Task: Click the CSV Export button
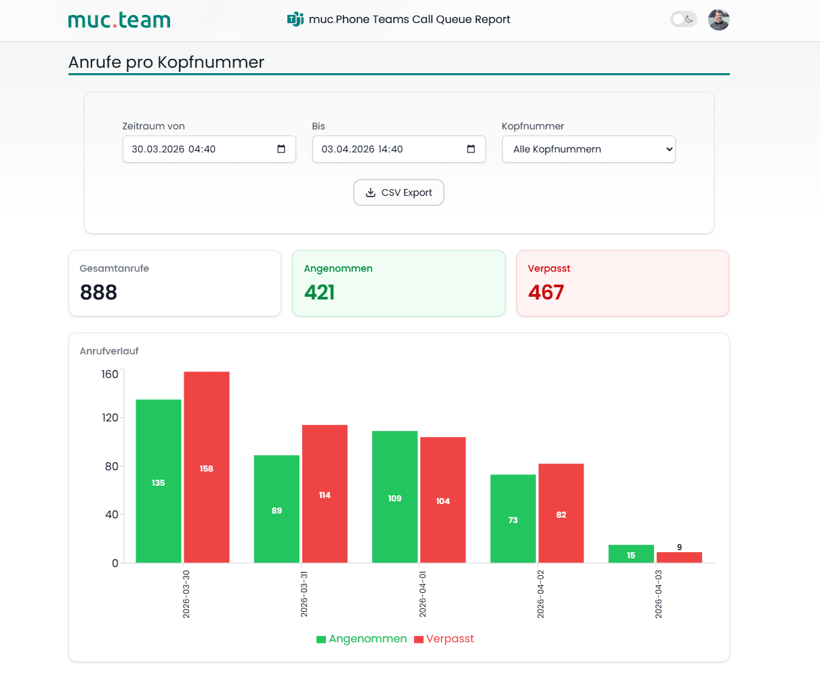398,192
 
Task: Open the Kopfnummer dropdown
589,149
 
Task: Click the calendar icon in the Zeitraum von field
281,149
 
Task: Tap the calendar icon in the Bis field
471,149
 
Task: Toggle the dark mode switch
684,19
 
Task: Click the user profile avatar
718,19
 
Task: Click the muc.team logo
119,20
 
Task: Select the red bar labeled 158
207,467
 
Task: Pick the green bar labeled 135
159,481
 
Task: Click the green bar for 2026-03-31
277,509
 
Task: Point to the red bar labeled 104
443,500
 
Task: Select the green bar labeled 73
513,518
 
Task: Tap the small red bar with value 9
680,558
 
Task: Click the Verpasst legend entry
444,639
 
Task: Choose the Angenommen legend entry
362,639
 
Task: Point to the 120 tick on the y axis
110,417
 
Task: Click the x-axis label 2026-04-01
423,594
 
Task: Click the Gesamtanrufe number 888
98,292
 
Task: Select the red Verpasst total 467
546,292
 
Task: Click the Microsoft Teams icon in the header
295,19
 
